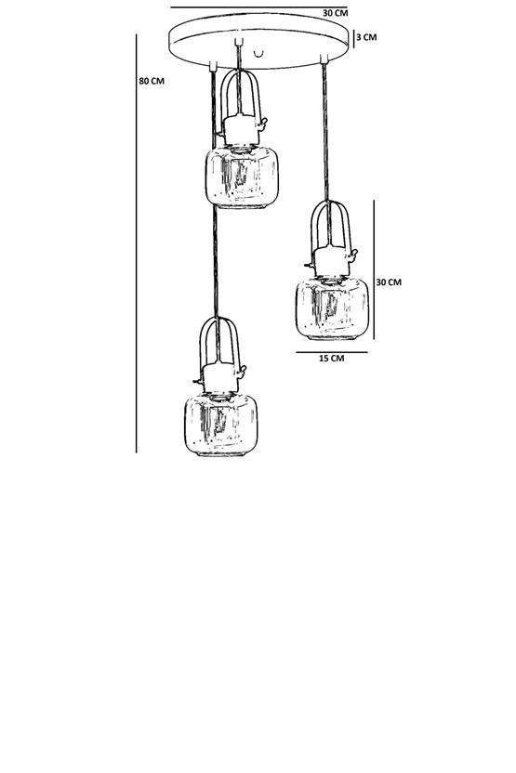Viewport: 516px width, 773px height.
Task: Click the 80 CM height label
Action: pos(152,81)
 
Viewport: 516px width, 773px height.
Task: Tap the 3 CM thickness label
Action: pos(366,37)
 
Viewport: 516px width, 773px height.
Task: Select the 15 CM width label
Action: pos(332,358)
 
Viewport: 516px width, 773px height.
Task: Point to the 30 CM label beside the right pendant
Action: pos(389,282)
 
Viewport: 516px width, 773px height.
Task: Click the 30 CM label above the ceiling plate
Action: pos(336,13)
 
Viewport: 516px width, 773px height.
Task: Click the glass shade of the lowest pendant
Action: pos(221,425)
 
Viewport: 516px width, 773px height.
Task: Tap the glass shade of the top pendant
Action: pos(242,177)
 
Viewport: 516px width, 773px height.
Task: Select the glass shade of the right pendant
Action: pos(332,308)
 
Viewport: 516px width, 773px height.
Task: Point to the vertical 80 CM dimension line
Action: pos(136,243)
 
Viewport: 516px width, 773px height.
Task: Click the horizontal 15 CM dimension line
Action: pos(332,352)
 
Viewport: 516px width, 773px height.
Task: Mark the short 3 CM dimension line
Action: pos(353,37)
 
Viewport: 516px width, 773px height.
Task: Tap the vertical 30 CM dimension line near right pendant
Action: pos(374,269)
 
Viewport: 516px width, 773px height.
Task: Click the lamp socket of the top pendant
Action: pos(240,130)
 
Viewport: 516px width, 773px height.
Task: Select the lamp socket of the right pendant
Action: pos(331,262)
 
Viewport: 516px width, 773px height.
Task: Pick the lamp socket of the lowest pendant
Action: pos(220,378)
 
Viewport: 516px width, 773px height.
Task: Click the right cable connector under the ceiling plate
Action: pos(324,59)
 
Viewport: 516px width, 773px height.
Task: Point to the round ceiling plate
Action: pos(258,41)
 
